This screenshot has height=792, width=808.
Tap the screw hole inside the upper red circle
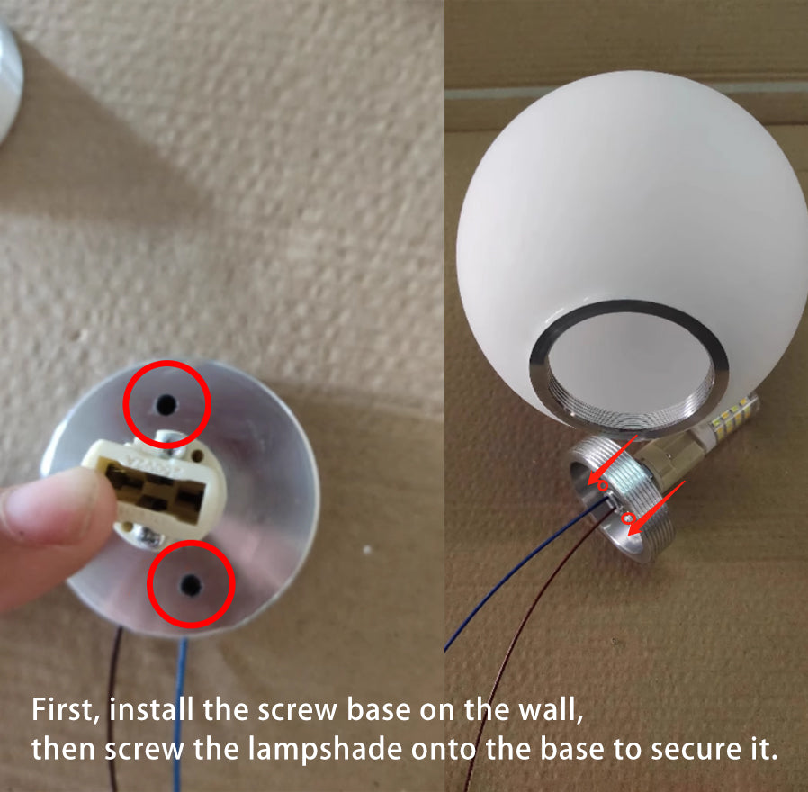tap(166, 404)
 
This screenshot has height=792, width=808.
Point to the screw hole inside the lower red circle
tap(191, 585)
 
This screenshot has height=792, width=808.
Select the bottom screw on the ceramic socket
tap(148, 538)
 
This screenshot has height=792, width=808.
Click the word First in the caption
tap(66, 709)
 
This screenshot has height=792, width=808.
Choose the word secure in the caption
tap(693, 750)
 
